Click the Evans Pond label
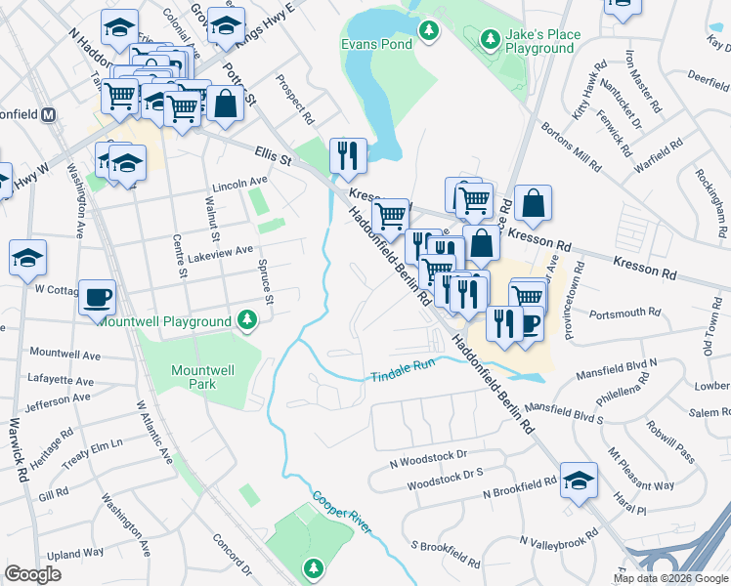tap(374, 45)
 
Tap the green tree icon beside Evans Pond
tap(428, 32)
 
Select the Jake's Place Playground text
tap(542, 41)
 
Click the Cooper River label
tap(341, 512)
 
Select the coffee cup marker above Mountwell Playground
tap(98, 297)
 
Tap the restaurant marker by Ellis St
tap(348, 154)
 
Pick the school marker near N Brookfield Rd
tap(580, 481)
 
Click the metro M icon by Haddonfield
tap(49, 114)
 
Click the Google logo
tap(33, 574)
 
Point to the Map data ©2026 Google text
tap(669, 578)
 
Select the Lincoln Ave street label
tap(239, 182)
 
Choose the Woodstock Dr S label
tap(445, 472)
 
